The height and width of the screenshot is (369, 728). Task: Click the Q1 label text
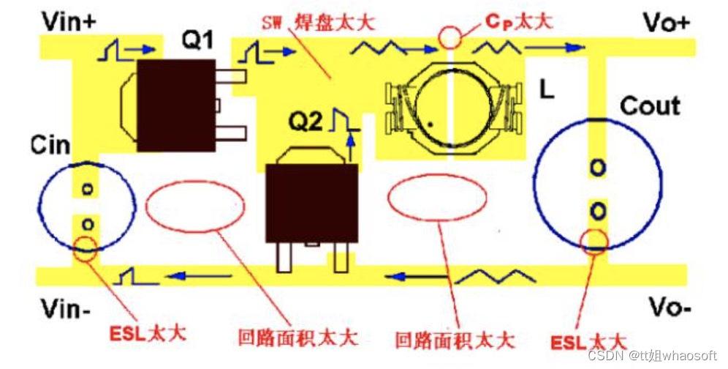coord(197,41)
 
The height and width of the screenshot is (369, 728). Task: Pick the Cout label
coord(650,106)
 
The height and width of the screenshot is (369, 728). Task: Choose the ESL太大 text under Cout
coord(588,341)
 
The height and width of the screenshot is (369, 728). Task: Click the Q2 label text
coord(304,122)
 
